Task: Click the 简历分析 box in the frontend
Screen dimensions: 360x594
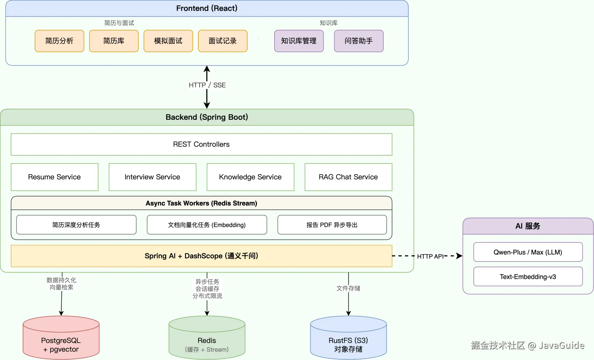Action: click(x=60, y=41)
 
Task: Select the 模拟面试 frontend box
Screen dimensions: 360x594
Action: click(x=168, y=41)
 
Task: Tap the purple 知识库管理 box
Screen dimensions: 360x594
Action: click(x=299, y=41)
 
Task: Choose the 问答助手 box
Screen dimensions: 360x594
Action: click(x=359, y=41)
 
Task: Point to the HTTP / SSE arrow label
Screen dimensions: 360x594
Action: click(x=207, y=85)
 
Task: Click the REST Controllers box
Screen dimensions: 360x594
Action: click(x=201, y=144)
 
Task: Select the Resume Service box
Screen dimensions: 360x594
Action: click(x=54, y=177)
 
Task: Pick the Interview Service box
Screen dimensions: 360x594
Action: click(x=152, y=177)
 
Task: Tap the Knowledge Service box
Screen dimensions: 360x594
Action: click(x=250, y=177)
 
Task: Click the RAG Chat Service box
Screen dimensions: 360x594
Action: click(x=348, y=177)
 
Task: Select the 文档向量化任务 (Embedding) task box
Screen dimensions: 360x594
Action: click(x=207, y=225)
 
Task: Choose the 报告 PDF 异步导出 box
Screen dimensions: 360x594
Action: click(x=332, y=225)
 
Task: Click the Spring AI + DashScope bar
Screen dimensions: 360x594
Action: click(x=201, y=256)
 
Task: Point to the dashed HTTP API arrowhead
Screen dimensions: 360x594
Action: click(x=459, y=256)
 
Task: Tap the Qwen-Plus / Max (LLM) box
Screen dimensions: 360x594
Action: click(x=528, y=252)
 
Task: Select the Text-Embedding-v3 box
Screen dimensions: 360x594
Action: click(x=528, y=277)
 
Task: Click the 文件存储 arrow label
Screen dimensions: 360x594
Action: click(x=348, y=289)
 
